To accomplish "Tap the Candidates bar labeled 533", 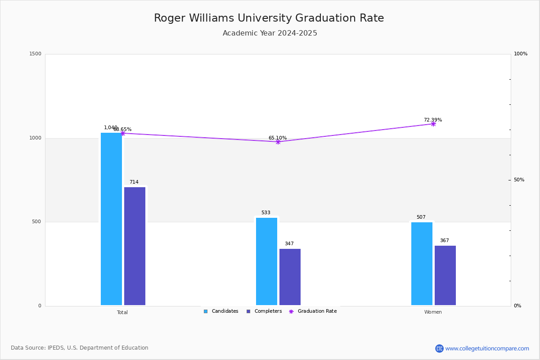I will (266, 261).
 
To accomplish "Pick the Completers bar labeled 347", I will (290, 277).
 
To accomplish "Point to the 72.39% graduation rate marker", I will (433, 124).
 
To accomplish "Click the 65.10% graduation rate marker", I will (278, 142).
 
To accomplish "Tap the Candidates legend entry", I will (221, 311).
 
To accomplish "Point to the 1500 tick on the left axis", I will (36, 54).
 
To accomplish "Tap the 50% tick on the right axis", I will (519, 180).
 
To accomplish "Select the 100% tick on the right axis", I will (520, 54).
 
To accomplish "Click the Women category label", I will (433, 312).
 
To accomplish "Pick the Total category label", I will (122, 312).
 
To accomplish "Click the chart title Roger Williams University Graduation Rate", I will (269, 18).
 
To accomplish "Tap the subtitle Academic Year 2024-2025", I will (270, 33).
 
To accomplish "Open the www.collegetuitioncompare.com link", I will (487, 348).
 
